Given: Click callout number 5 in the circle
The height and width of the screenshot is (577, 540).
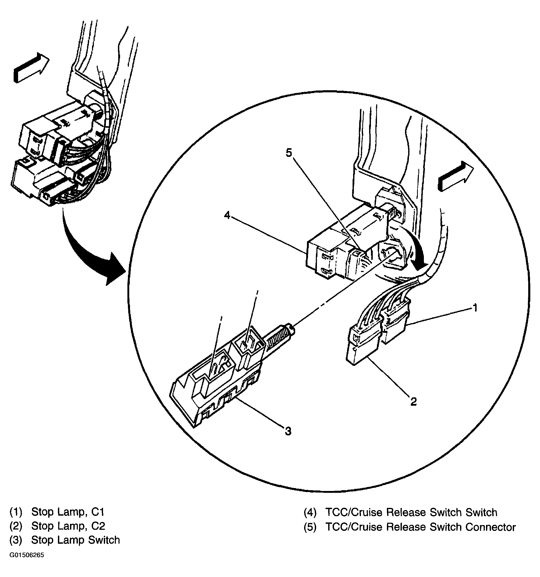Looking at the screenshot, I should pyautogui.click(x=289, y=153).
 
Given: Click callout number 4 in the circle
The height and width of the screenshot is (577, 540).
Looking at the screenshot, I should pyautogui.click(x=227, y=215).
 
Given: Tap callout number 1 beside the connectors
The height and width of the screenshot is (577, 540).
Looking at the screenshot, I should pyautogui.click(x=475, y=307).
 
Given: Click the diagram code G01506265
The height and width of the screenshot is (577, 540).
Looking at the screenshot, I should pyautogui.click(x=27, y=563).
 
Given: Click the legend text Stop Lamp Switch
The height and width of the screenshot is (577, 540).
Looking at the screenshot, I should pyautogui.click(x=75, y=540).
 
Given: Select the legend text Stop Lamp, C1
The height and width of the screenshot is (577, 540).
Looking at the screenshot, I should pyautogui.click(x=68, y=512).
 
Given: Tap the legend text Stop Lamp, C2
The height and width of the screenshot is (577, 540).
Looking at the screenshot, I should pyautogui.click(x=68, y=526).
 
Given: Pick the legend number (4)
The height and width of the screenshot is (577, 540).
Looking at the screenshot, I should pyautogui.click(x=310, y=512).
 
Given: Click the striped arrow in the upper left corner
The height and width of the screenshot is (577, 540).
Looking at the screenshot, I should pyautogui.click(x=31, y=68).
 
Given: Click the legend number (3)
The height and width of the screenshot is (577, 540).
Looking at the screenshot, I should pyautogui.click(x=16, y=540).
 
